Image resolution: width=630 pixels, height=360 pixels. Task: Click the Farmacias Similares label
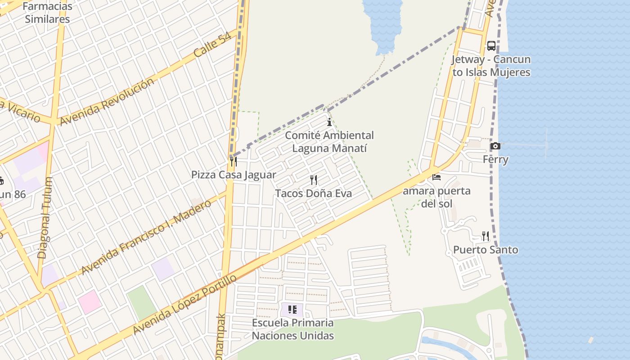47,13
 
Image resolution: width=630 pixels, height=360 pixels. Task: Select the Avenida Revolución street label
107,102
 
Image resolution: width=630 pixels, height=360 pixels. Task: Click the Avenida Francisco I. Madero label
146,237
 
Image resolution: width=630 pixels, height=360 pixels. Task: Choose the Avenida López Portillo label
184,305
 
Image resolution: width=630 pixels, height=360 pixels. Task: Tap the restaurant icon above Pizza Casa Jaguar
233,161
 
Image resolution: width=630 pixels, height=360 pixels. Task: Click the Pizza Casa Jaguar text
234,175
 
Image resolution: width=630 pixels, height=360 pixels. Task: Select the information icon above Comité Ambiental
329,122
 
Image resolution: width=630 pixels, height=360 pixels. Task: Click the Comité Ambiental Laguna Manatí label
329,142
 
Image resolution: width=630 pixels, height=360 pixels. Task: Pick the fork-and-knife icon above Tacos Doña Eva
314,180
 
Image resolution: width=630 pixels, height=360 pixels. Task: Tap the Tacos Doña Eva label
313,193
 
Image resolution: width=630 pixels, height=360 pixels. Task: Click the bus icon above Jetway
491,46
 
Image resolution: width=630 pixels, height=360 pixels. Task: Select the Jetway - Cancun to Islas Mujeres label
491,66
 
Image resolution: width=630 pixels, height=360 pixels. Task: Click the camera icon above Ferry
495,146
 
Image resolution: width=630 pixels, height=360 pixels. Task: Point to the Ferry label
495,159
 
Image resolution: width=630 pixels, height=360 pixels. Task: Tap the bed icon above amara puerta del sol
436,177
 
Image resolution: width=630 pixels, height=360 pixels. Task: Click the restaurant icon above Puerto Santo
485,236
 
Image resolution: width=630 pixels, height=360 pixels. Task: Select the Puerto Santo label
485,250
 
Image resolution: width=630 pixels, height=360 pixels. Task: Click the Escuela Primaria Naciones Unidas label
292,329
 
